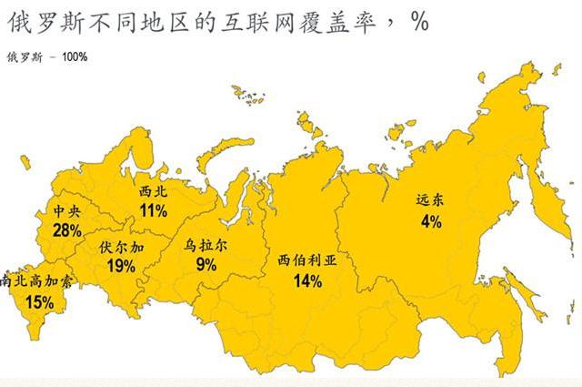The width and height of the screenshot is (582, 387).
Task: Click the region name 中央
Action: tap(67, 211)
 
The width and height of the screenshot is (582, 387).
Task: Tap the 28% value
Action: tap(67, 230)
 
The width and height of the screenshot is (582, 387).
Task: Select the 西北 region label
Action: tap(153, 192)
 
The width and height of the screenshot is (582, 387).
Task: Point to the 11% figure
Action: tap(153, 211)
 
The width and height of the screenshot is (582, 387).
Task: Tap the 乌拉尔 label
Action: tap(206, 245)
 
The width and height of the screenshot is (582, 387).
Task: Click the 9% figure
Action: tap(206, 264)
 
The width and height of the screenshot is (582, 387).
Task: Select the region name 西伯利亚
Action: tap(307, 260)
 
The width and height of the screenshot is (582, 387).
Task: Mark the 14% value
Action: tap(307, 280)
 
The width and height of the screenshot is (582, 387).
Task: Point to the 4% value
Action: tap(430, 222)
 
